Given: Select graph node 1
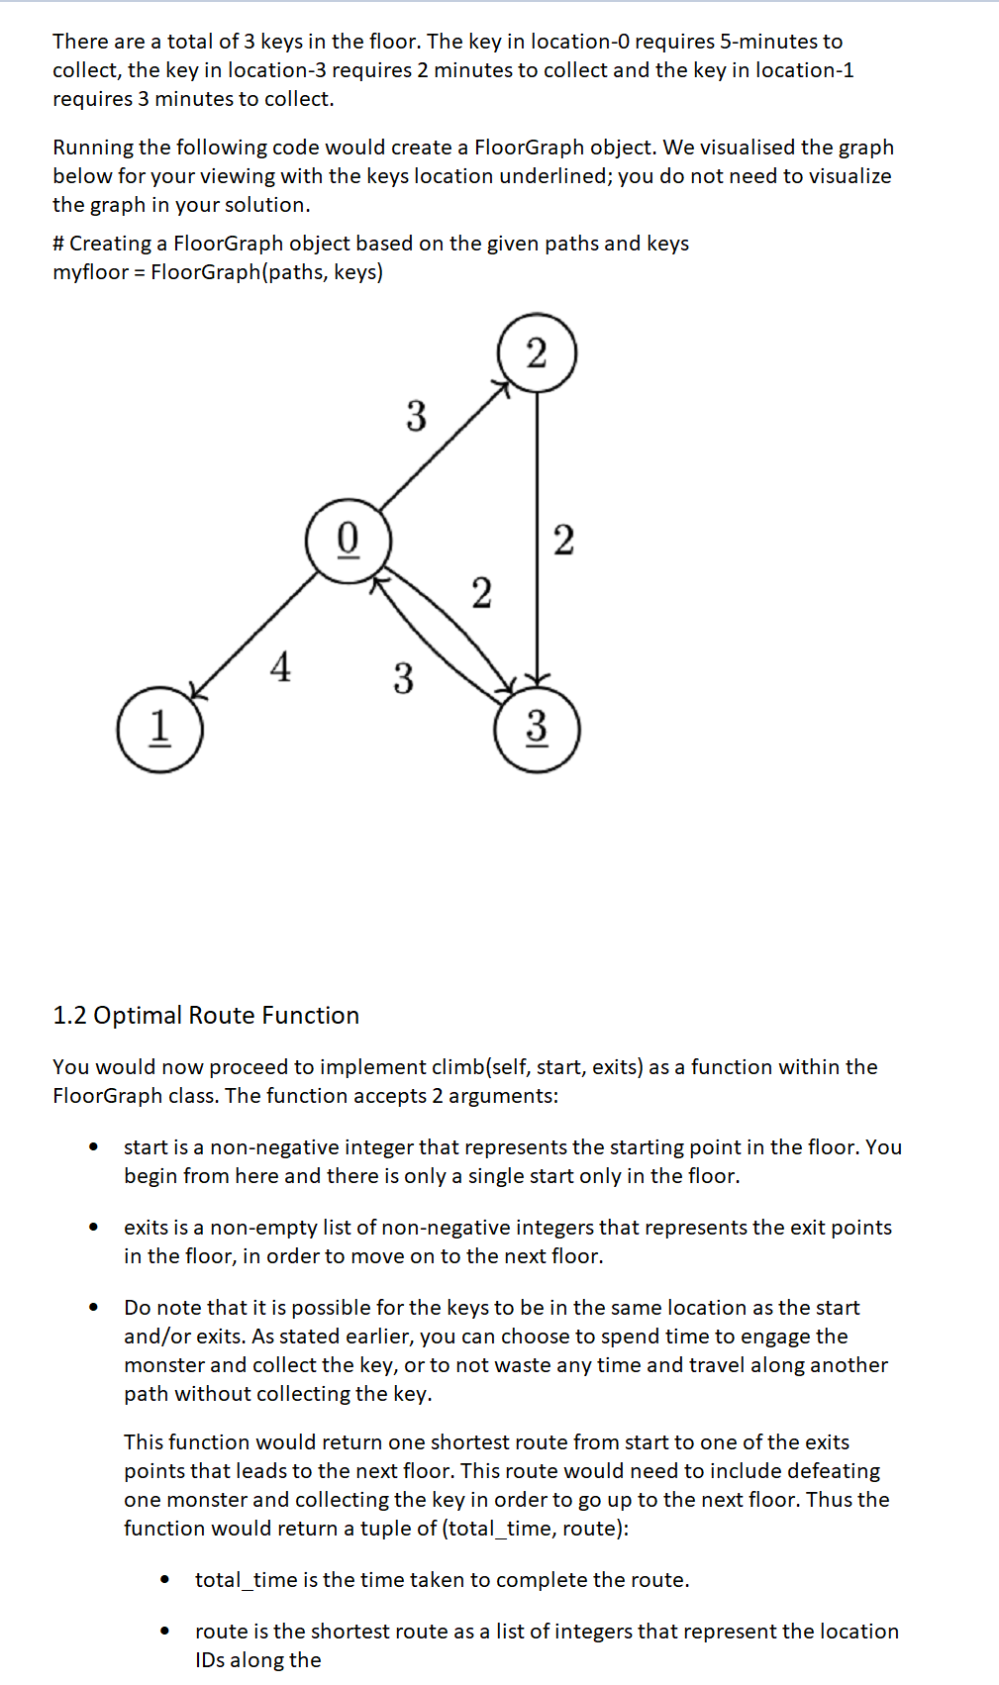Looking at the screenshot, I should point(159,729).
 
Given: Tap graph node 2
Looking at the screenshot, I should point(537,353).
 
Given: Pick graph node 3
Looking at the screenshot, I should point(537,729).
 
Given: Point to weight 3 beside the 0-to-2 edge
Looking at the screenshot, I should point(417,416).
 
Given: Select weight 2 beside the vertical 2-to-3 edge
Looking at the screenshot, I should point(563,541).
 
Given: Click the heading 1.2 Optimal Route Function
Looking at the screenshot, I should point(206,1016).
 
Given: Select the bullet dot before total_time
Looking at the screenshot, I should point(164,1580).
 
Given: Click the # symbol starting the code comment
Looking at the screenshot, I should point(58,244).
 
